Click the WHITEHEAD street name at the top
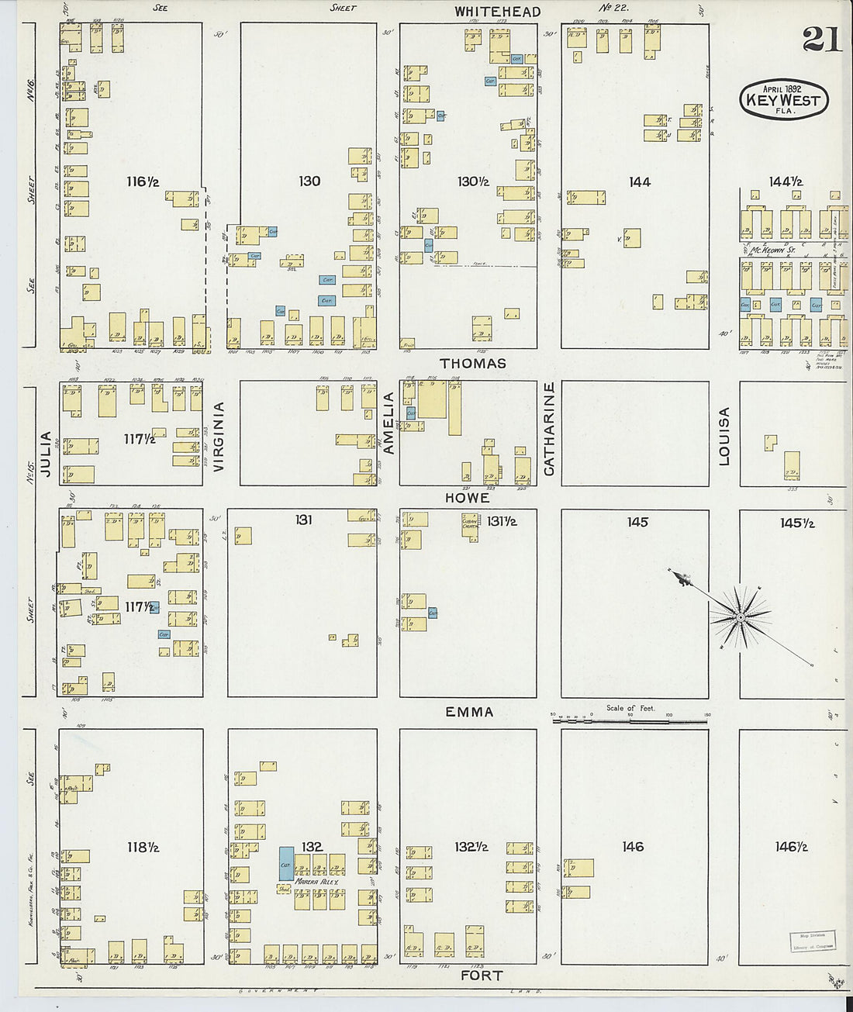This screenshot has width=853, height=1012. tap(497, 12)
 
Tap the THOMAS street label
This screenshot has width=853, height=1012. tap(472, 363)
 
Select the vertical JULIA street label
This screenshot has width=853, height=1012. tap(46, 453)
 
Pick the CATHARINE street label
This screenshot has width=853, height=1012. tap(549, 428)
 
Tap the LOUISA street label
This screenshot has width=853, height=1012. tap(724, 436)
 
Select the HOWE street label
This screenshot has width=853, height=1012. tap(467, 498)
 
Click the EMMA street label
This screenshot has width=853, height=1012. tap(469, 712)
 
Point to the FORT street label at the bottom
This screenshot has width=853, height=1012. tap(482, 976)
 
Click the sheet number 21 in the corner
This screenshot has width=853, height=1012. tap(821, 39)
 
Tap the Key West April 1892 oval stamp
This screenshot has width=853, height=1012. tap(784, 99)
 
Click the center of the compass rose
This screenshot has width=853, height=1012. tap(741, 617)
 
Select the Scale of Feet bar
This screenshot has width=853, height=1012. tap(630, 720)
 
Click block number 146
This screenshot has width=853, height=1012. tap(633, 847)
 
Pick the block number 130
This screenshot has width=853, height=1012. tap(309, 181)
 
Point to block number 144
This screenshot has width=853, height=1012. tap(639, 181)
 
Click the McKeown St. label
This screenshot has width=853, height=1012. tap(773, 250)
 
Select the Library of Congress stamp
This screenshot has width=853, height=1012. tap(812, 941)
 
